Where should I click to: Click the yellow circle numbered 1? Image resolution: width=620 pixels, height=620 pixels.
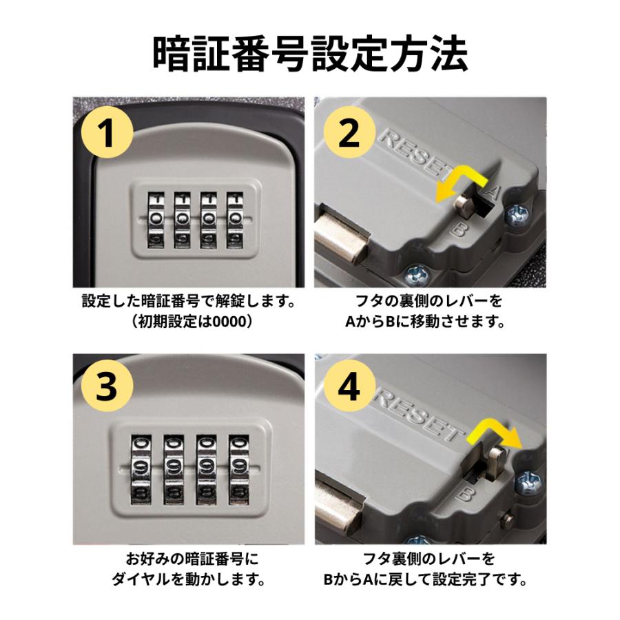click(x=107, y=132)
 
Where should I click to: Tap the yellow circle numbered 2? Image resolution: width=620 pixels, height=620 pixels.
click(x=349, y=132)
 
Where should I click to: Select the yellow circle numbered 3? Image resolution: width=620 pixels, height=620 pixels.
click(x=107, y=386)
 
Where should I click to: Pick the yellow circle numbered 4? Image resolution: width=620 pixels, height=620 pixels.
click(x=349, y=386)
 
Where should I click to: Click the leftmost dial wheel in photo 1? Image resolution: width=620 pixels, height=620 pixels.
click(x=156, y=220)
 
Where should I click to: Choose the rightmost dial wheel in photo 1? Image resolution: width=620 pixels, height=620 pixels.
click(x=236, y=220)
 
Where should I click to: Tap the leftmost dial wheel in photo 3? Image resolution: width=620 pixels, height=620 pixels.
click(x=141, y=469)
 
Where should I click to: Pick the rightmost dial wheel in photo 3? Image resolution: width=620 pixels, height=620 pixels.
click(x=239, y=469)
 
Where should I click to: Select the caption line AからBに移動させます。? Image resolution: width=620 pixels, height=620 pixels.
click(x=426, y=322)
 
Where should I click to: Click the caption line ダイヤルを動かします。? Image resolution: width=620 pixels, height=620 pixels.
click(x=189, y=579)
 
